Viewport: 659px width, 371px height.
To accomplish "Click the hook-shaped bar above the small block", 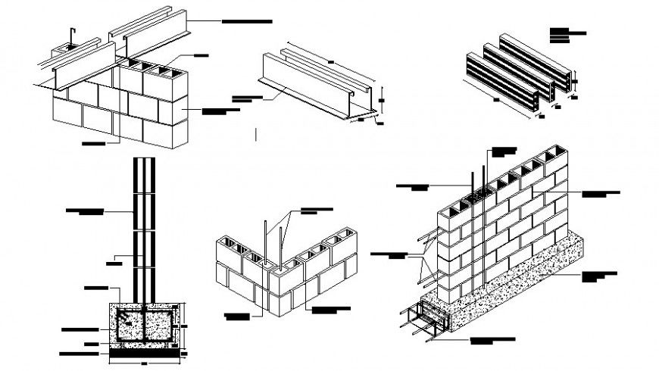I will pyautogui.click(x=70, y=34).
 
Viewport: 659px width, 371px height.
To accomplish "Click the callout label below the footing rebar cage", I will pyautogui.click(x=498, y=341).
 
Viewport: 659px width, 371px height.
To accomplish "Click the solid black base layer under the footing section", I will pyautogui.click(x=146, y=352).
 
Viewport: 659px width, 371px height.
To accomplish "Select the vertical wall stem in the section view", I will pyautogui.click(x=145, y=227).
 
